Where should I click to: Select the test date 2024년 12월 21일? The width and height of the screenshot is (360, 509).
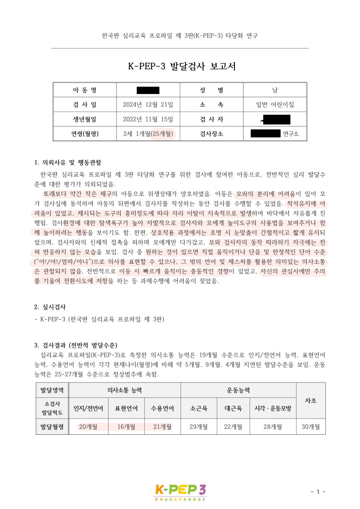148,104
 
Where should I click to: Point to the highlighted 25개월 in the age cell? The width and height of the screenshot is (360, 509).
162,134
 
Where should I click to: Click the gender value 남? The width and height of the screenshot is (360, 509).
275,90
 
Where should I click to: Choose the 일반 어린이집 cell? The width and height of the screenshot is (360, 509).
275,104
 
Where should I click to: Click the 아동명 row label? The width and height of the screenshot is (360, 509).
85,90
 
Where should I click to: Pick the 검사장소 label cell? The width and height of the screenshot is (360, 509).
211,134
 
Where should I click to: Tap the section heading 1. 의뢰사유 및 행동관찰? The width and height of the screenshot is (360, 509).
71,162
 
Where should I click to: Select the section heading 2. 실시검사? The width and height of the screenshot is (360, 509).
50,307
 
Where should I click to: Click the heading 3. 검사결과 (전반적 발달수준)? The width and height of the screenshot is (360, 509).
76,346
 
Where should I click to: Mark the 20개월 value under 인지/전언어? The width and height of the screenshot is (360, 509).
88,427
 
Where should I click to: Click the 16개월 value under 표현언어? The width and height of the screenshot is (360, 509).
126,427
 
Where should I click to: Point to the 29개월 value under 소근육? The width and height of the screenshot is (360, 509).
199,427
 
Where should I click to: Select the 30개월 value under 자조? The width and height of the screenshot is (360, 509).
311,427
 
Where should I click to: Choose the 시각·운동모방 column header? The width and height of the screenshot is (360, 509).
273,408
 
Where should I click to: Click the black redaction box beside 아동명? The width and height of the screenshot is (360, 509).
148,90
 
